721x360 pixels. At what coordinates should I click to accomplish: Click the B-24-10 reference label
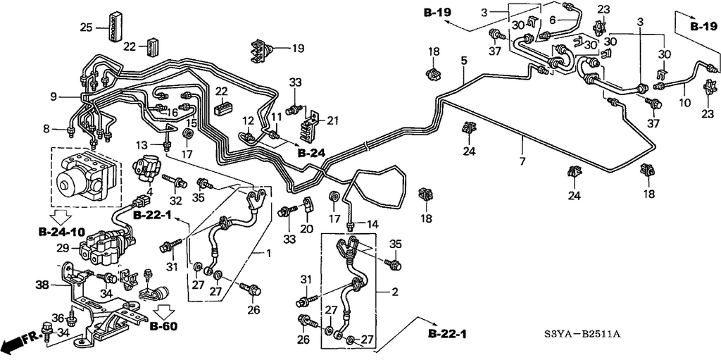[x=61, y=231]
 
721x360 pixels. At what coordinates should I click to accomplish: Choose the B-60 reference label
[x=163, y=326]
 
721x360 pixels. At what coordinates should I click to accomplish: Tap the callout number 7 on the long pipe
[x=522, y=161]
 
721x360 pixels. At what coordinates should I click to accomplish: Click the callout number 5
[x=464, y=61]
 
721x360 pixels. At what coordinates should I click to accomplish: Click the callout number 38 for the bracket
[x=43, y=285]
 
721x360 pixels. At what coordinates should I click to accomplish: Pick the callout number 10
[x=684, y=103]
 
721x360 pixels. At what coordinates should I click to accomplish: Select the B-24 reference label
[x=311, y=153]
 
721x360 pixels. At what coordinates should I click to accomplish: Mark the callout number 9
[x=54, y=97]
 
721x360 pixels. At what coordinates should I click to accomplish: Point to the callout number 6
[x=553, y=19]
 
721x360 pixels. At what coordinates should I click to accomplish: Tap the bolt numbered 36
[x=71, y=318]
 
